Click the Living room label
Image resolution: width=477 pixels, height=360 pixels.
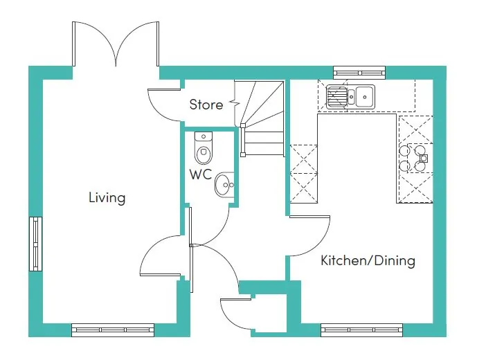(x=107, y=198)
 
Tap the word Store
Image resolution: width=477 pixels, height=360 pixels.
(x=206, y=105)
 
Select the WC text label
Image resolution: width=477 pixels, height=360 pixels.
(x=200, y=174)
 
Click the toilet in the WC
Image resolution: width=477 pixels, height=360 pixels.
(x=203, y=148)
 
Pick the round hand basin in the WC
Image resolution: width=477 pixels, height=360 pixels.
(x=224, y=185)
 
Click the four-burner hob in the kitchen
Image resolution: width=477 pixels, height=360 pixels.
(x=413, y=158)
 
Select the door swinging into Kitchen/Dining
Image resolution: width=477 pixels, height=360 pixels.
(x=311, y=232)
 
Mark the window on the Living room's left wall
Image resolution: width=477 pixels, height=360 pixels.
(x=35, y=244)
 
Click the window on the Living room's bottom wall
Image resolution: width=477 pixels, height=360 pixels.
(x=113, y=330)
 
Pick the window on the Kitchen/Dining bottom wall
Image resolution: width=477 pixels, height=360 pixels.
(x=361, y=330)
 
